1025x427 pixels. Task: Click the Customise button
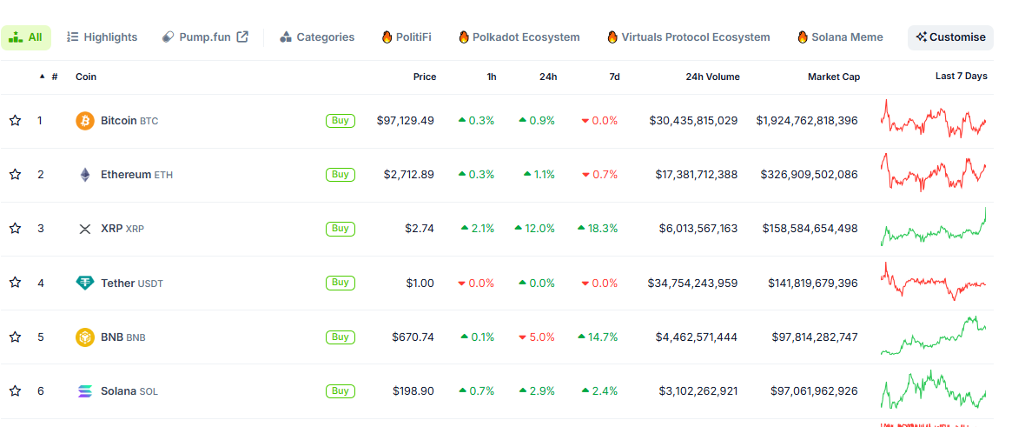click(950, 37)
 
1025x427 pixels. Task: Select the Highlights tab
click(102, 37)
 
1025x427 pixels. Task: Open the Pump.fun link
click(205, 37)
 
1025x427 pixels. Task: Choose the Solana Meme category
click(840, 37)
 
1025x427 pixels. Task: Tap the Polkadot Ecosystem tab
click(519, 37)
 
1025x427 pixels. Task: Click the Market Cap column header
click(834, 77)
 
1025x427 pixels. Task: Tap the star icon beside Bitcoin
click(15, 121)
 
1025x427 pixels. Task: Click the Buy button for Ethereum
click(340, 174)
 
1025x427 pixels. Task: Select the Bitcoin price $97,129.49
click(406, 121)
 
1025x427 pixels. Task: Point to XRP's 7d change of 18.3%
click(598, 229)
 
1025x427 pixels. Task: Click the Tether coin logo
click(85, 283)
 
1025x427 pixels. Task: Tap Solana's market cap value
click(814, 391)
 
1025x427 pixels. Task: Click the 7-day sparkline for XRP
click(934, 227)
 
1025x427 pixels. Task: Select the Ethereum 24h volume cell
click(696, 175)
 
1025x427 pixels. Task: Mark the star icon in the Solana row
click(15, 391)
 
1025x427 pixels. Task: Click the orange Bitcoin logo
click(85, 121)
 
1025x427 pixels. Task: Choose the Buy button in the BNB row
click(340, 337)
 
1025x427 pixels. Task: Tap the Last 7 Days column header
click(961, 76)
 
